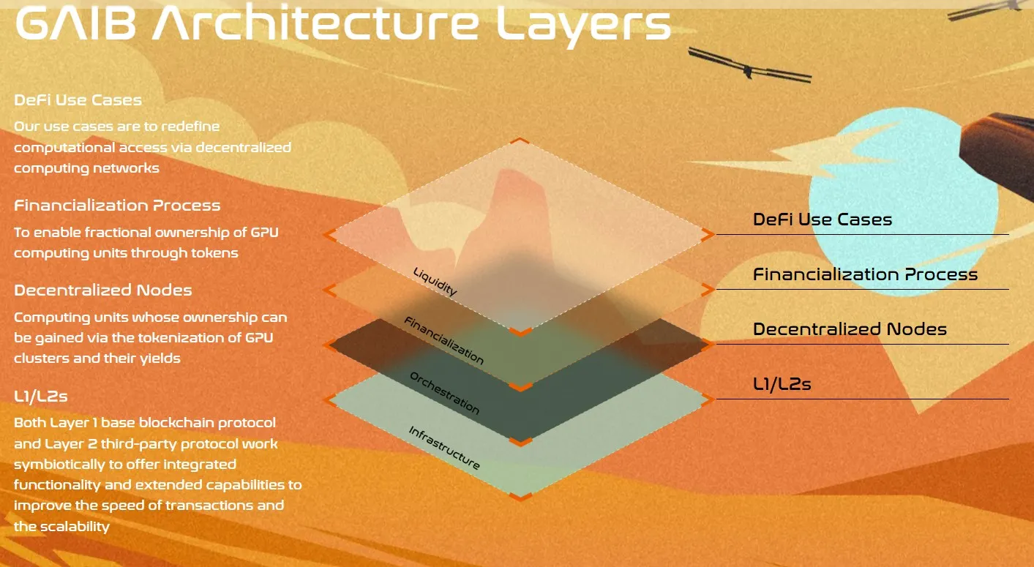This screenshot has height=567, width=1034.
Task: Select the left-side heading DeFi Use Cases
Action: click(78, 99)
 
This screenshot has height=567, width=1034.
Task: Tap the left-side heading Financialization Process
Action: click(117, 205)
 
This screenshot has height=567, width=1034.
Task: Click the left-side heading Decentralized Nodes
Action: click(103, 290)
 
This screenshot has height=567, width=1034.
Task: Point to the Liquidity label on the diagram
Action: click(435, 282)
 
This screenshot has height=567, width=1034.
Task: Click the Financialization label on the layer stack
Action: click(444, 341)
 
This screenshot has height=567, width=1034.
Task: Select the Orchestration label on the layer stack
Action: click(445, 393)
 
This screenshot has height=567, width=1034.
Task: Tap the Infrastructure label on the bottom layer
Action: click(444, 448)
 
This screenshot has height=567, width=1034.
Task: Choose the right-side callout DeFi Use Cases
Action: click(823, 219)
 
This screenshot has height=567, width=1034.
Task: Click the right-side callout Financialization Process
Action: click(865, 274)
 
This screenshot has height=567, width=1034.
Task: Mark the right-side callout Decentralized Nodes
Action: click(850, 329)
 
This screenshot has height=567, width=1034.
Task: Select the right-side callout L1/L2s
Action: click(782, 384)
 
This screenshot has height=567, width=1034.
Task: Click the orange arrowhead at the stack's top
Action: click(519, 140)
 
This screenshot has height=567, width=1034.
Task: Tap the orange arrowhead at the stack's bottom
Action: click(520, 497)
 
